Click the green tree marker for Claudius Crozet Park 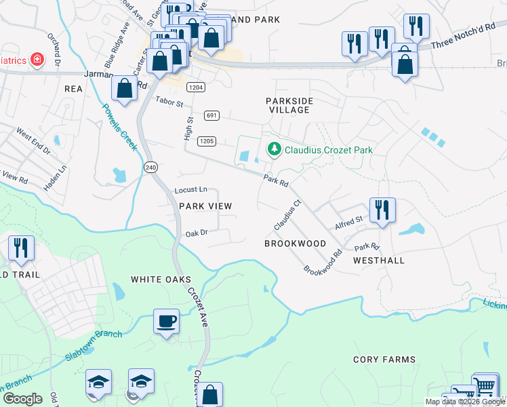point(275,149)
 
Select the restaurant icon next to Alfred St point(382,210)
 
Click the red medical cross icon point(35,60)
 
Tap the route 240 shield point(150,167)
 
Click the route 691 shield point(212,115)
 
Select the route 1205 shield point(207,141)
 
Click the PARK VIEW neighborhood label point(205,206)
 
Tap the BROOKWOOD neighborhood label point(295,244)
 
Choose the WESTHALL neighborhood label point(379,260)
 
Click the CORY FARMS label point(384,360)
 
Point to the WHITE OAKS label point(161,279)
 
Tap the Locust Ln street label point(190,191)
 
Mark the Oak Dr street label point(196,233)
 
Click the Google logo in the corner point(22,399)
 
